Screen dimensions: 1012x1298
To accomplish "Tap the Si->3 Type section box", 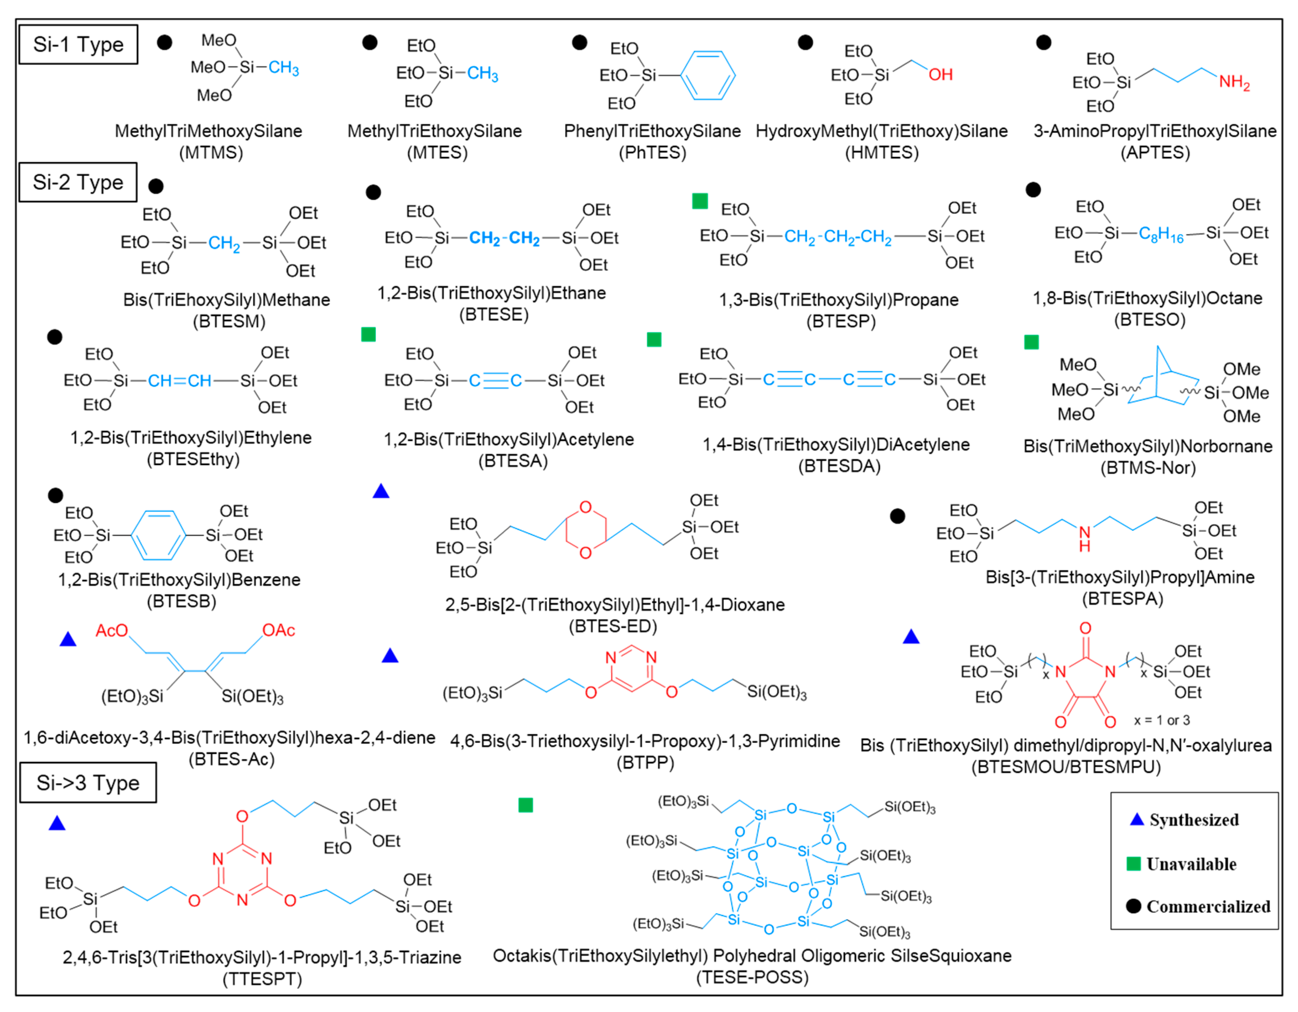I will click(x=88, y=782).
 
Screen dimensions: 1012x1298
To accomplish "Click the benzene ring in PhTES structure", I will click(x=707, y=76).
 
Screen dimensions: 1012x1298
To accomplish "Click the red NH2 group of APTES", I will click(x=1234, y=82).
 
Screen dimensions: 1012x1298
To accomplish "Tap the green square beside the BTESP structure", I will click(x=700, y=201).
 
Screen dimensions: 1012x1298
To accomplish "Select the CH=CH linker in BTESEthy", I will click(x=179, y=381).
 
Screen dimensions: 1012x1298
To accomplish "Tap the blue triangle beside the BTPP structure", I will click(x=390, y=656).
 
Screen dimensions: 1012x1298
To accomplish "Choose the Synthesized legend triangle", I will click(x=1136, y=819).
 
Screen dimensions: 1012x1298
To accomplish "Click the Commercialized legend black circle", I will click(x=1133, y=906).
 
